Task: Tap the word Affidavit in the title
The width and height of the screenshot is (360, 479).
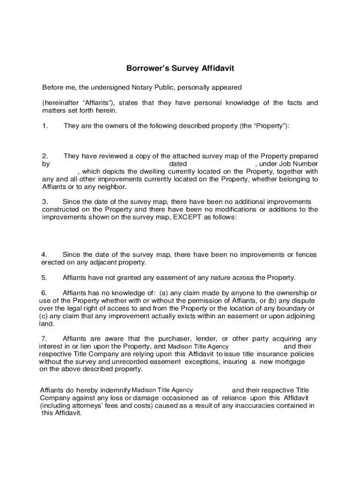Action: coord(215,69)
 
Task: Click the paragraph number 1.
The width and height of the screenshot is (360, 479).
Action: coord(45,126)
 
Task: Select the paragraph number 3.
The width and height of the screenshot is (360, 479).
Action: coord(45,202)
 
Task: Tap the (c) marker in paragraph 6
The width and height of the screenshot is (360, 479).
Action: coord(44,316)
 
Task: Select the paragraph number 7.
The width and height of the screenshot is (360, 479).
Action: coord(44,339)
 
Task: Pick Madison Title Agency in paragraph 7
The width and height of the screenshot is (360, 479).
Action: coord(198,347)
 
